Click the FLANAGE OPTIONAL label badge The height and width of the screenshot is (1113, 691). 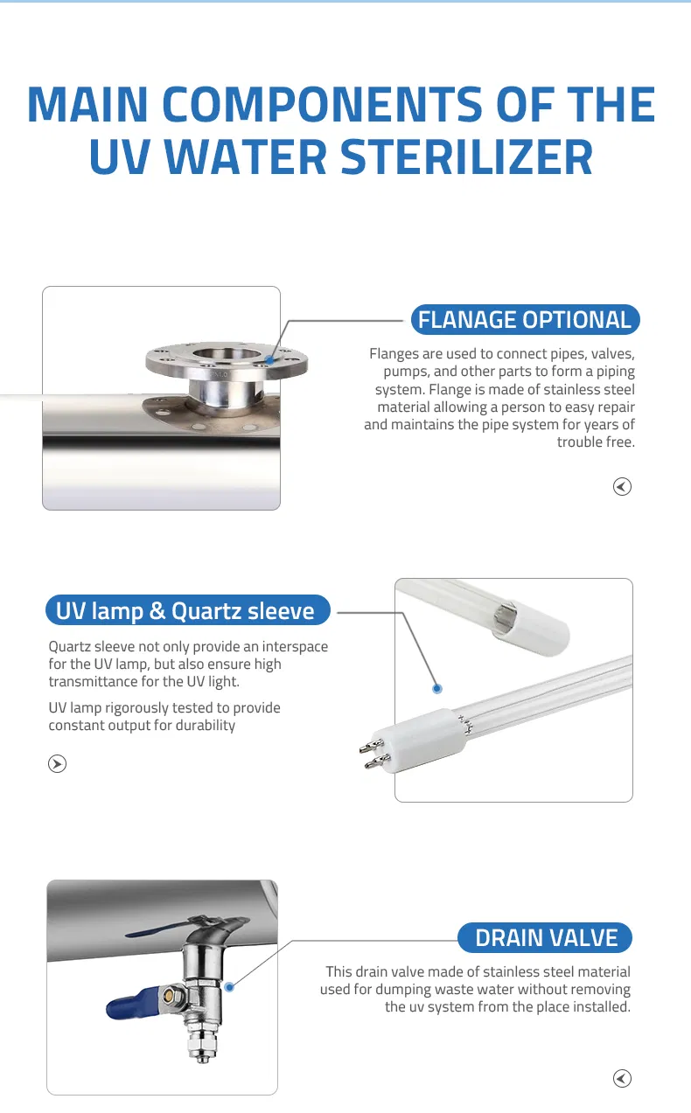525,319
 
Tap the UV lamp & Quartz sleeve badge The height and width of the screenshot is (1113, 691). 187,610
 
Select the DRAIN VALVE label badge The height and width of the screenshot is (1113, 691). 545,937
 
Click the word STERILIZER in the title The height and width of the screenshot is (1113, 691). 466,157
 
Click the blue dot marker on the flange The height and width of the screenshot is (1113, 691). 269,359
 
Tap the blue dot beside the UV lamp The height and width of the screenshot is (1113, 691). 437,689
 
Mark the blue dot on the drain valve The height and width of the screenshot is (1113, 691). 229,987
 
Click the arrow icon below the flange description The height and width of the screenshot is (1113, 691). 622,486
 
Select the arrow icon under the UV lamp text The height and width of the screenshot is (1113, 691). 57,763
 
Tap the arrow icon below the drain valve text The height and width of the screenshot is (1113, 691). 622,1078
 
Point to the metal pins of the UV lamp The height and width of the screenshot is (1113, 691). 373,754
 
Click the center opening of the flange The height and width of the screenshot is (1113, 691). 227,354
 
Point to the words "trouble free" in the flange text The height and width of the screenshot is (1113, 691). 596,442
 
